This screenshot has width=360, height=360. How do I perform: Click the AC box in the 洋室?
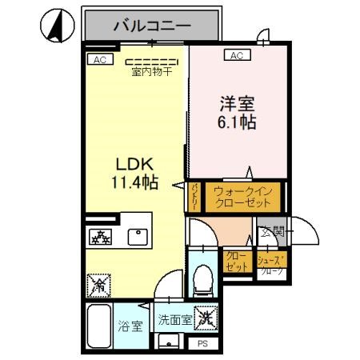pyautogui.click(x=237, y=55)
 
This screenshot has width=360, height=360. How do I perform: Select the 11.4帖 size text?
pyautogui.click(x=134, y=182)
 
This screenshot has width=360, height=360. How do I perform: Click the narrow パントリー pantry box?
pyautogui.click(x=196, y=196)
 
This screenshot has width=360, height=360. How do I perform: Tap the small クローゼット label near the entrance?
pyautogui.click(x=237, y=262)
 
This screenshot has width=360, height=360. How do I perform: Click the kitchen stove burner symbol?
pyautogui.click(x=102, y=237)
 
